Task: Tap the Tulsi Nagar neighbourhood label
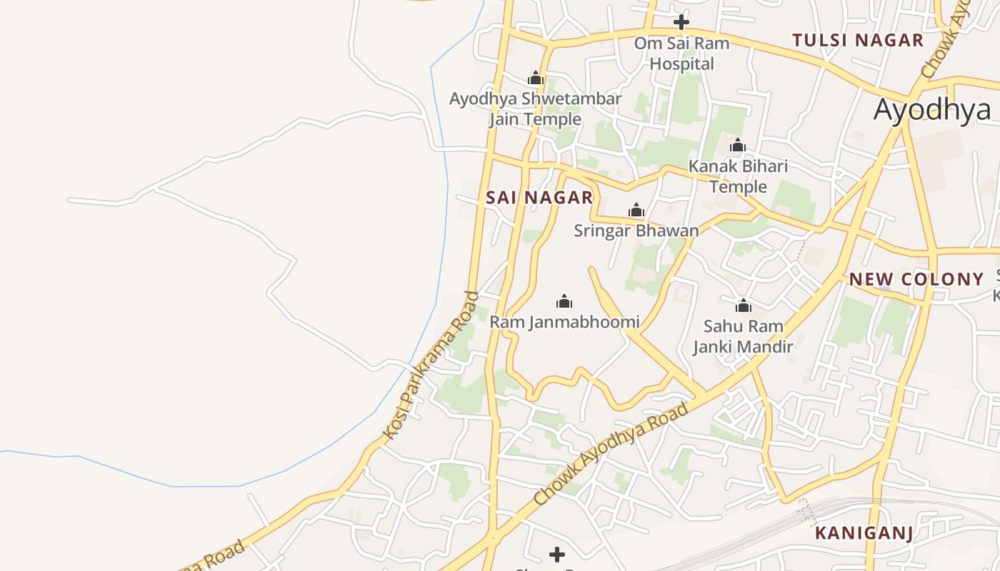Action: pyautogui.click(x=858, y=40)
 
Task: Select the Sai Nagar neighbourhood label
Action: pyautogui.click(x=539, y=198)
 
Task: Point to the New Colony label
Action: pyautogui.click(x=916, y=279)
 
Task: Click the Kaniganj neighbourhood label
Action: pyautogui.click(x=864, y=533)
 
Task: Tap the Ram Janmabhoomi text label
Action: pyautogui.click(x=564, y=322)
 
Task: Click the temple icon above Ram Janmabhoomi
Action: pyautogui.click(x=564, y=301)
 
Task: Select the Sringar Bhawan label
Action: pyautogui.click(x=636, y=231)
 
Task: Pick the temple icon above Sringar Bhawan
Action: pyautogui.click(x=636, y=211)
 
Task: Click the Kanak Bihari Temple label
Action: pyautogui.click(x=738, y=176)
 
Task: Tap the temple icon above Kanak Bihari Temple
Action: pyautogui.click(x=738, y=146)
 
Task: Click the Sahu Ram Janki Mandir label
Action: pyautogui.click(x=743, y=336)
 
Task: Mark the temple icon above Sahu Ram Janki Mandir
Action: pyautogui.click(x=743, y=306)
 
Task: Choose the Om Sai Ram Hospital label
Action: pyautogui.click(x=682, y=54)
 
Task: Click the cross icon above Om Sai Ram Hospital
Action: pyautogui.click(x=681, y=21)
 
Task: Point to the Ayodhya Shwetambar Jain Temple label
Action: pyautogui.click(x=535, y=108)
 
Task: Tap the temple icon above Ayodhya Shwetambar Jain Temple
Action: pyautogui.click(x=535, y=79)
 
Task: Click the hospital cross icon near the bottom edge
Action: pyautogui.click(x=557, y=554)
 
